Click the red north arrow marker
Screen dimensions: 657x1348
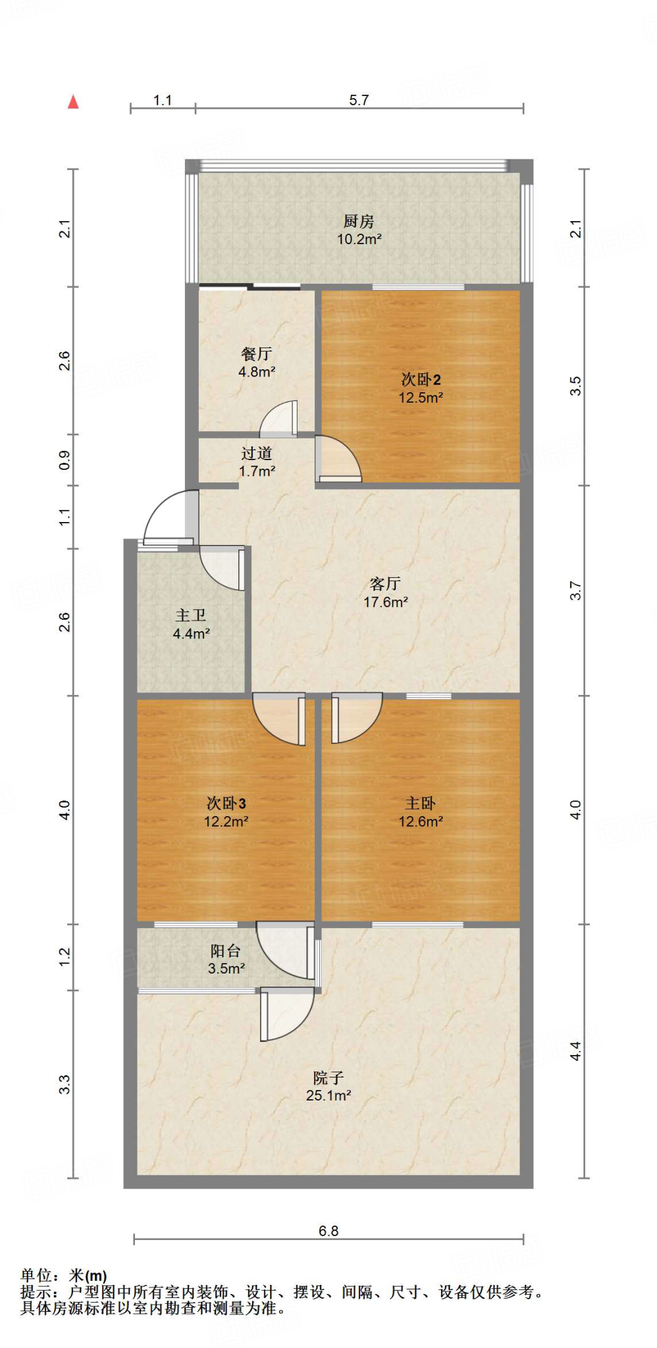tap(73, 102)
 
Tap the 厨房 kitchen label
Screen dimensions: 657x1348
tap(359, 221)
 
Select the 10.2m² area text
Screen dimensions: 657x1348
tap(359, 239)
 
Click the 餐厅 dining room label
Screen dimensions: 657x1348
tap(257, 353)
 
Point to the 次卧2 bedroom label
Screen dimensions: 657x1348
tap(421, 379)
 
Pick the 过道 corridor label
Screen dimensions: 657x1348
tap(257, 453)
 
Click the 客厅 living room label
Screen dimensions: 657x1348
tap(386, 584)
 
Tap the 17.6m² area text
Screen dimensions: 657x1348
tap(386, 602)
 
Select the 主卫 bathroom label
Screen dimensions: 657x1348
tap(191, 615)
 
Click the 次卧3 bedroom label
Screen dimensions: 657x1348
tap(226, 803)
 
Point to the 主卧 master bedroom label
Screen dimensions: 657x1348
tap(421, 803)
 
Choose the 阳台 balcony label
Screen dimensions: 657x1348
tap(226, 950)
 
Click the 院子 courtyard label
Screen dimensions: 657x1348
tap(328, 1077)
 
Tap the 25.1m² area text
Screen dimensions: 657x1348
tap(328, 1095)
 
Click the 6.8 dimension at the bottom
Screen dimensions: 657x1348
tap(328, 1231)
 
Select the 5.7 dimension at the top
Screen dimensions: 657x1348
tap(359, 100)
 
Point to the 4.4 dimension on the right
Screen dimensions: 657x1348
tap(575, 1051)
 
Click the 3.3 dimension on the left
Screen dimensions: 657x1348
tap(65, 1084)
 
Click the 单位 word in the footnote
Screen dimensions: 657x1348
tap(36, 1276)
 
